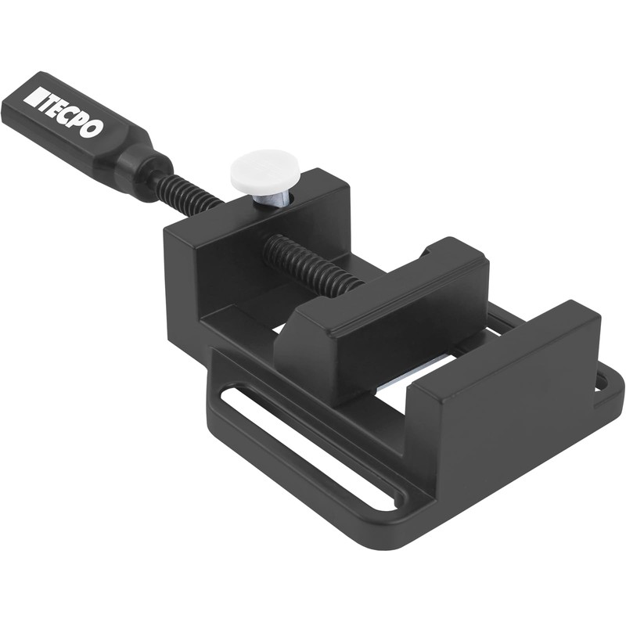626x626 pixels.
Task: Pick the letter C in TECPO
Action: click(67, 117)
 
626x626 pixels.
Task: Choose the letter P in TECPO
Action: click(77, 123)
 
